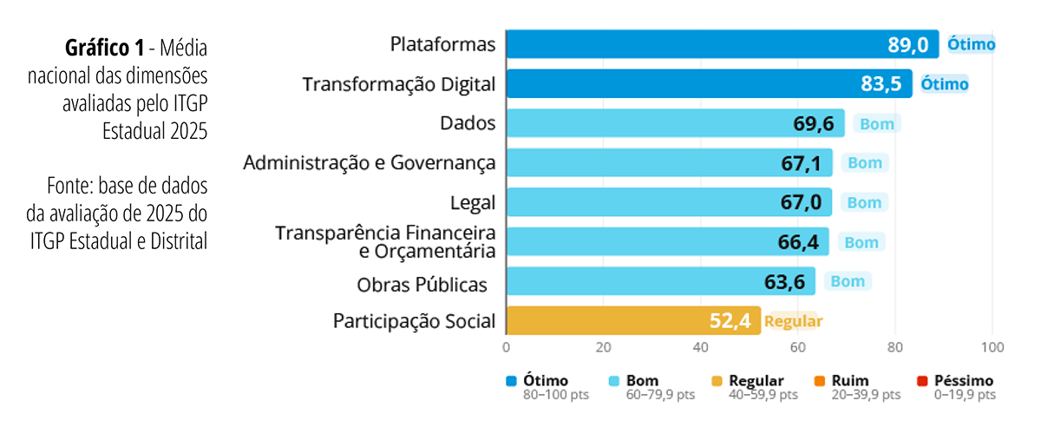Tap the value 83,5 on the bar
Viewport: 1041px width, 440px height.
[881, 84]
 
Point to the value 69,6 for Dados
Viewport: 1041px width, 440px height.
[813, 124]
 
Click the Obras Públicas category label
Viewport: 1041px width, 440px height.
[421, 284]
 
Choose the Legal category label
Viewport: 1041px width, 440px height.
[473, 203]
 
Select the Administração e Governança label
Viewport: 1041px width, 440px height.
[370, 163]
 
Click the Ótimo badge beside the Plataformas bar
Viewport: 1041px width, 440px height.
[971, 44]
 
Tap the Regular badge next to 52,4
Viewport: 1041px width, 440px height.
[793, 322]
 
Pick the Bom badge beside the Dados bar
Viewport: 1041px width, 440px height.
[876, 124]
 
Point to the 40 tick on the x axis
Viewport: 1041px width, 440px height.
[701, 348]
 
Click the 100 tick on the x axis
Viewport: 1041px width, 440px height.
[992, 348]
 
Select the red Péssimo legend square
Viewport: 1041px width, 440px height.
[922, 381]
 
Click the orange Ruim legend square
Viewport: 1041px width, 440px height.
[820, 381]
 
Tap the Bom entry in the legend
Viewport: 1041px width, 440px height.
[642, 381]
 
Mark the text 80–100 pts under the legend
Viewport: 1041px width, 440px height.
[557, 396]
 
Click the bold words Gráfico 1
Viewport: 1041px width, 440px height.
[105, 47]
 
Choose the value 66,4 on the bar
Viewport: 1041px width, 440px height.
[798, 243]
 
